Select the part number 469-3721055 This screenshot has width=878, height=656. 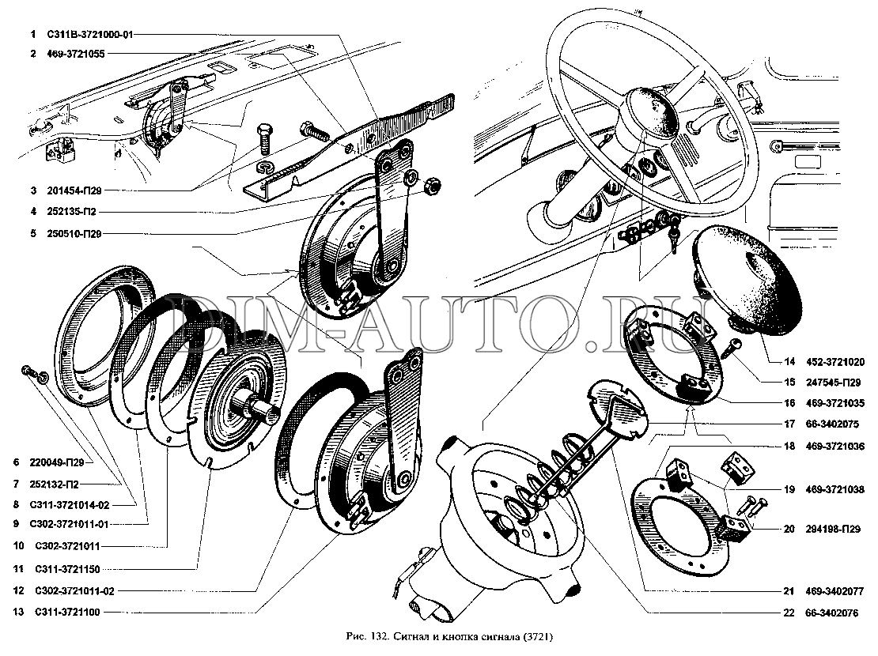(78, 55)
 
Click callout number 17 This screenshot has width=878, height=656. (789, 423)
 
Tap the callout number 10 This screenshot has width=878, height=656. (17, 546)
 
